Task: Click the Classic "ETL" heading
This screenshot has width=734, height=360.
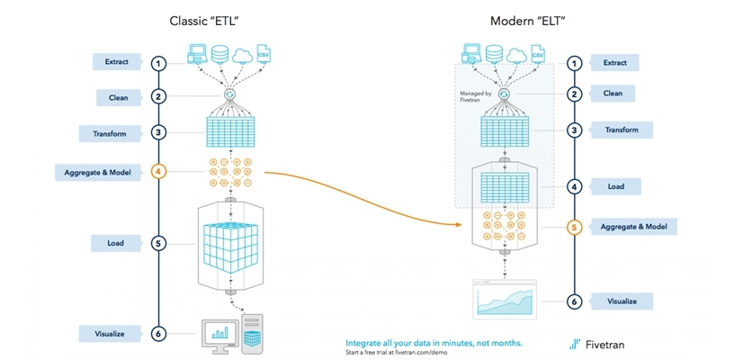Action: point(207,21)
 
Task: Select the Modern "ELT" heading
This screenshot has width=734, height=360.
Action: point(527,21)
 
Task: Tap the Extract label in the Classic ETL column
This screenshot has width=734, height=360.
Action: point(117,62)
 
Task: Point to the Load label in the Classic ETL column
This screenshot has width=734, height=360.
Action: point(117,243)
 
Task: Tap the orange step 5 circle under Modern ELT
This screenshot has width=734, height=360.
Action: point(575,227)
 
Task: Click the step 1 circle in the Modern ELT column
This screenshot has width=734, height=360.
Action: point(575,63)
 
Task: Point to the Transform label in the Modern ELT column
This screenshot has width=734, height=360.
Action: point(622,130)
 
